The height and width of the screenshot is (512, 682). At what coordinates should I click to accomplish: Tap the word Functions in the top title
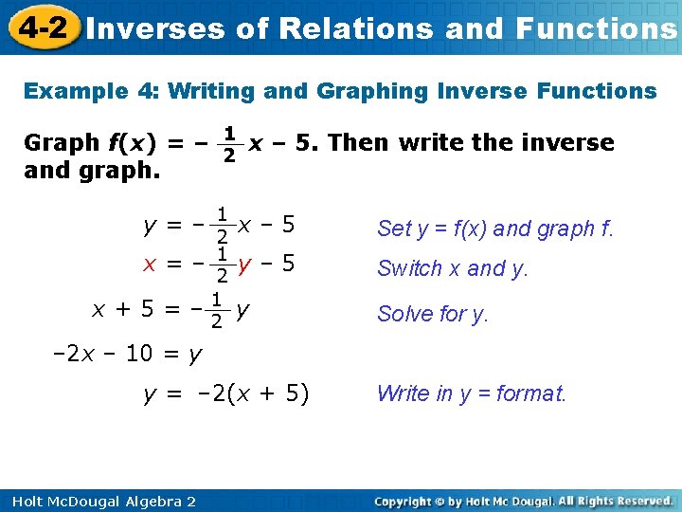pos(597,28)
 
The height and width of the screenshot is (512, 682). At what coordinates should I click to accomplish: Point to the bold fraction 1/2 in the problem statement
pos(228,143)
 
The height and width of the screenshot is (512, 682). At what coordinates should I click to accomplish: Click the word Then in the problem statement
pos(358,143)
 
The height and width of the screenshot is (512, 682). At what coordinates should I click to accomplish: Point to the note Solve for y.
pos(433,314)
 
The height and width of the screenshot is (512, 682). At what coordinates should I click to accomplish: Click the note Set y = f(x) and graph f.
pos(495,229)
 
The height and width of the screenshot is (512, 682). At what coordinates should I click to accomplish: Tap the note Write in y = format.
pos(472,393)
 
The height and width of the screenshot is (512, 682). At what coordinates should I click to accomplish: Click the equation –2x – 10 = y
pos(126,354)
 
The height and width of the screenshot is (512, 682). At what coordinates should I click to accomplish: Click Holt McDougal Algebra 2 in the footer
pos(99,501)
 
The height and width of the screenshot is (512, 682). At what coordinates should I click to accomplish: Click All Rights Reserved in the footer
pos(615,501)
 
